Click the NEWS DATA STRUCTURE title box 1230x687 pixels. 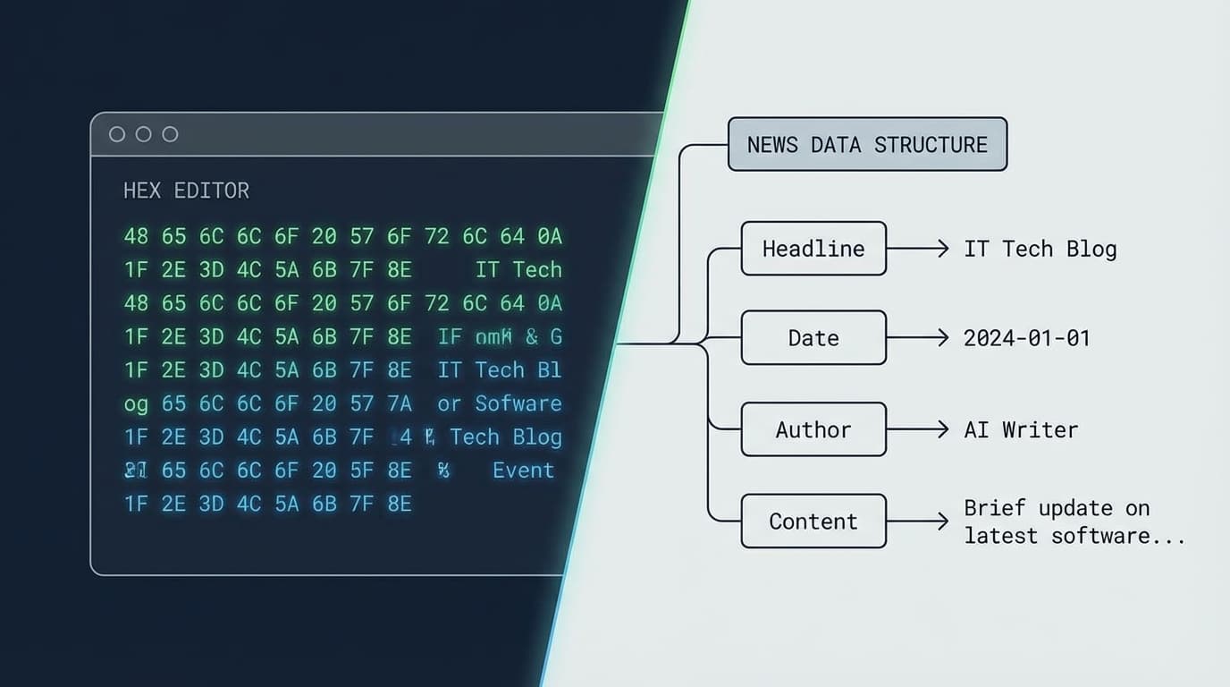pos(867,145)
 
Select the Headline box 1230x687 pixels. pos(813,249)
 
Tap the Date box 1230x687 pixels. pos(813,338)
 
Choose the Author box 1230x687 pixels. pos(813,430)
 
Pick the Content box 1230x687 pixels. pos(813,522)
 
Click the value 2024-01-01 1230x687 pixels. pos(1026,338)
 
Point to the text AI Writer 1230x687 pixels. pos(1021,430)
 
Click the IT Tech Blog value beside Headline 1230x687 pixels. pos(1040,249)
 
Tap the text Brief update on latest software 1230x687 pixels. pos(1074,522)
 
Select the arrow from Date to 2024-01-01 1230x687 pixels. pos(917,338)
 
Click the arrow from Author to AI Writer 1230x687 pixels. pos(917,430)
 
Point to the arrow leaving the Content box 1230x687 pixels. pos(917,522)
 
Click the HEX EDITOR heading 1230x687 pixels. pos(186,191)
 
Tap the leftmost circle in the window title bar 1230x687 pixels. pos(117,134)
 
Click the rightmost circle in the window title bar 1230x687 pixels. pos(170,134)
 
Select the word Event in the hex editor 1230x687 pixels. pos(523,471)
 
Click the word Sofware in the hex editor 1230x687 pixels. pos(518,403)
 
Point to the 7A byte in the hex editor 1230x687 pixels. pos(399,403)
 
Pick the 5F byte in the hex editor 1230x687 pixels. pos(361,471)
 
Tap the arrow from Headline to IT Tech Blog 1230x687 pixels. pos(917,249)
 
